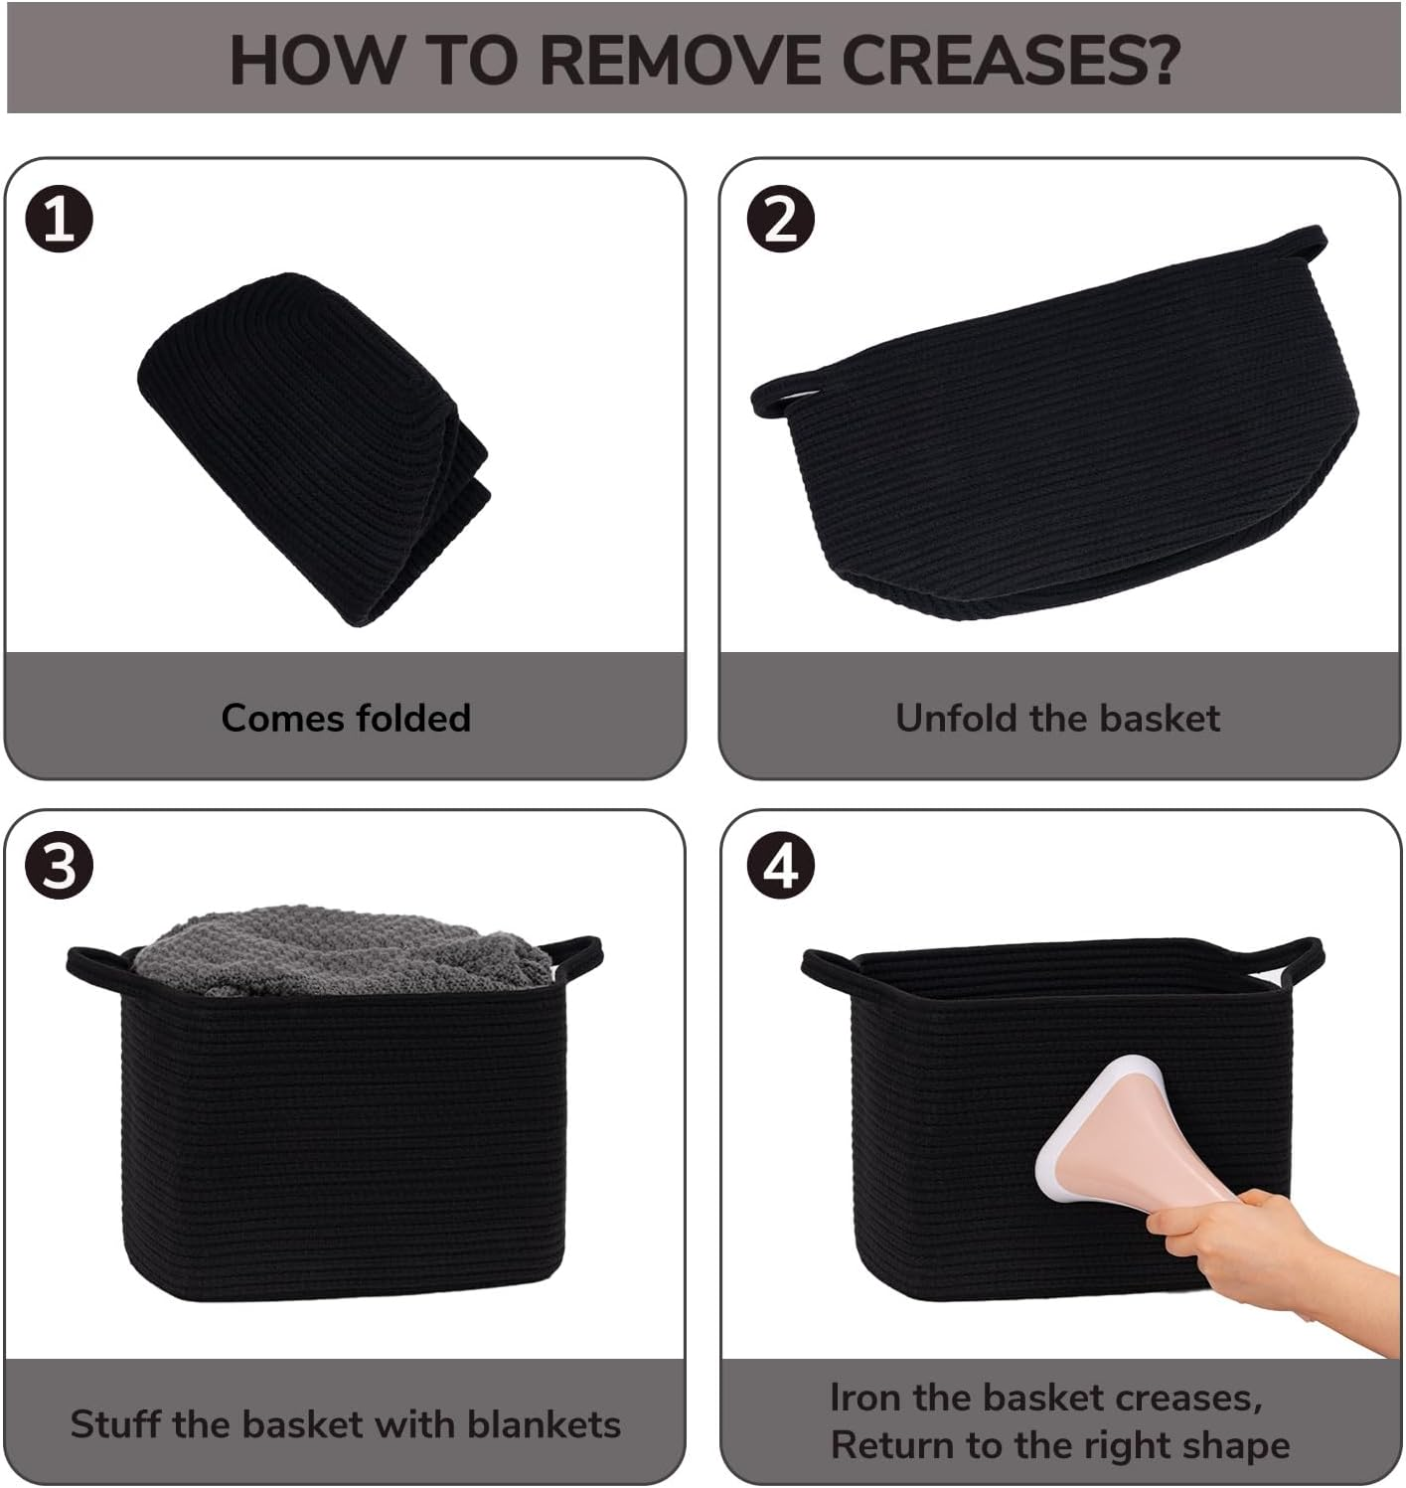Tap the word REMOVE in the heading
coord(680,59)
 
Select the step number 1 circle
coord(59,219)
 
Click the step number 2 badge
coord(780,219)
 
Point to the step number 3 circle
coord(59,865)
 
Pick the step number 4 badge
coord(780,865)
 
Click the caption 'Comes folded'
coord(346,718)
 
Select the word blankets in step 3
coord(545,1423)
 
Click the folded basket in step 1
coord(313,448)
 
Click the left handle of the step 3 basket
coord(95,970)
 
